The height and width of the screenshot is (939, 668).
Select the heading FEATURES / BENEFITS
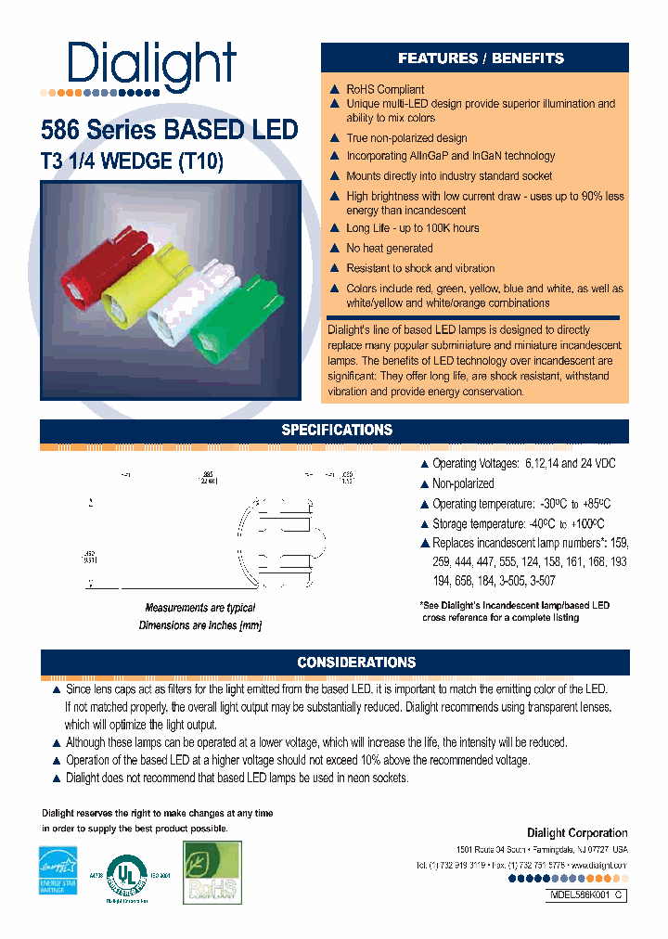point(481,58)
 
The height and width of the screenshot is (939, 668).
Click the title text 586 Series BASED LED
point(169,129)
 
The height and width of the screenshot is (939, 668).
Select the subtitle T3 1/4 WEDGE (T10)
point(132,161)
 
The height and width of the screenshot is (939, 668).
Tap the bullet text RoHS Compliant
point(385,90)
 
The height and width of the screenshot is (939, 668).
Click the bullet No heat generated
point(389,249)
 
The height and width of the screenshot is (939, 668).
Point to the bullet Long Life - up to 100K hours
point(412,228)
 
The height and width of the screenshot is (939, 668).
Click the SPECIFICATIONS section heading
point(337,431)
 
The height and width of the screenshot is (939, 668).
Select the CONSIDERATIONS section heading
point(355,662)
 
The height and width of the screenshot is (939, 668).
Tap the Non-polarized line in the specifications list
point(463,483)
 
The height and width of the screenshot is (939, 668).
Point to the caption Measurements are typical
point(200,608)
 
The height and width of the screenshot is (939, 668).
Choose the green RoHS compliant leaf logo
point(212,872)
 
